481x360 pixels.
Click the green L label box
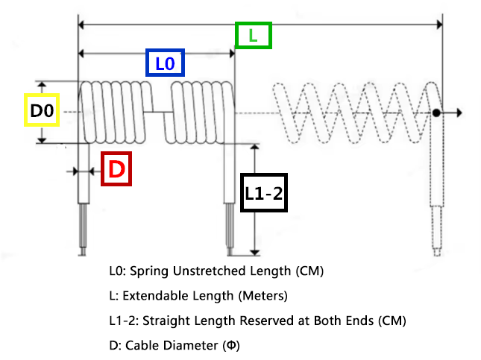tap(254, 35)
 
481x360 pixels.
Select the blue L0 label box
tap(165, 63)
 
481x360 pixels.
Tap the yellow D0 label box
tap(42, 110)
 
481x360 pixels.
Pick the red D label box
tap(116, 168)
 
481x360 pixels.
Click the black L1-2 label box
tap(264, 192)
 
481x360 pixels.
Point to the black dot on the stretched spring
tap(436, 113)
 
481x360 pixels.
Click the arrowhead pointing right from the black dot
tap(459, 113)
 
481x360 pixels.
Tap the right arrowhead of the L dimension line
tap(439, 25)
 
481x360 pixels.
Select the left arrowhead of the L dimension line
tap(81, 25)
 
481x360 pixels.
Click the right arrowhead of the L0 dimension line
tap(232, 54)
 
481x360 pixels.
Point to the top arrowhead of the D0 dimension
tap(42, 85)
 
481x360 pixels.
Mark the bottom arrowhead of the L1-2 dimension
tap(254, 253)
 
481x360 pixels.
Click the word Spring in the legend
tap(149, 271)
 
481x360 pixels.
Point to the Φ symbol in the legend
tap(231, 346)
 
